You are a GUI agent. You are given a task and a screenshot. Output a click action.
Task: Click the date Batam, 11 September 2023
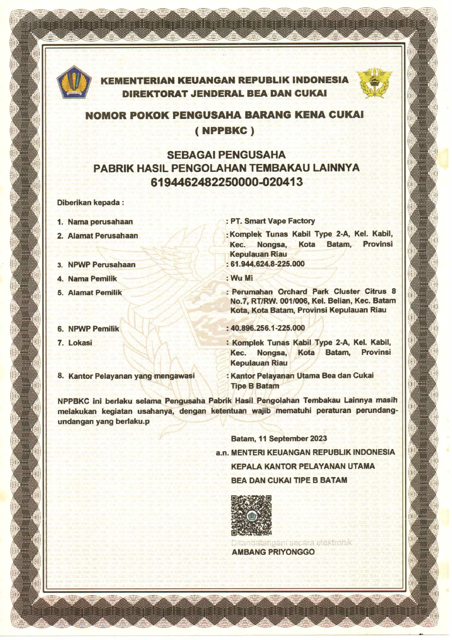pyautogui.click(x=279, y=439)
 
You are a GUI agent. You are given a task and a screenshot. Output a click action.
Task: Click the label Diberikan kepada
pyautogui.click(x=90, y=203)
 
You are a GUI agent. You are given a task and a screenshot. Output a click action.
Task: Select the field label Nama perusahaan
pyautogui.click(x=100, y=222)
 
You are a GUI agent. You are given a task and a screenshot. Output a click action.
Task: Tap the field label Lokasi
pyautogui.click(x=80, y=343)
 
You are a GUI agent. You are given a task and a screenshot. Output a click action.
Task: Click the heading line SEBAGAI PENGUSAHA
pyautogui.click(x=226, y=155)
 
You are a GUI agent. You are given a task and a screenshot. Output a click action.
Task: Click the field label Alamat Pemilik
pyautogui.click(x=95, y=292)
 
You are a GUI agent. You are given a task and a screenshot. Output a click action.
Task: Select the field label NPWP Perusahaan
pyautogui.click(x=102, y=265)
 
